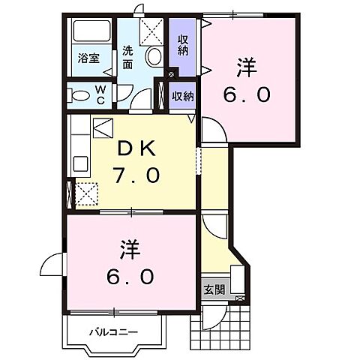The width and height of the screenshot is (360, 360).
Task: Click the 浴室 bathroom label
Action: click(90, 58)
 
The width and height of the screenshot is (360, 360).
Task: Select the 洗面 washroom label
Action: click(128, 58)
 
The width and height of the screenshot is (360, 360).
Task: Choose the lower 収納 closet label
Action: click(182, 95)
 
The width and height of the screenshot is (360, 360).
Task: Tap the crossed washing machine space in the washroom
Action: click(151, 31)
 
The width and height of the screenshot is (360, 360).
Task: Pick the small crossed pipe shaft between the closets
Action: click(172, 73)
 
